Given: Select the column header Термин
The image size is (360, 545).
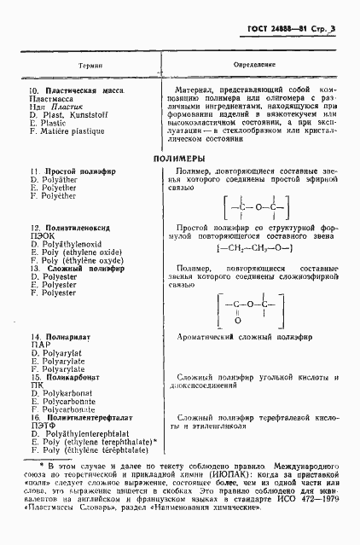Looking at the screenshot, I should click(x=91, y=64).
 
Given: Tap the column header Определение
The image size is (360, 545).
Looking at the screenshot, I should click(x=247, y=63).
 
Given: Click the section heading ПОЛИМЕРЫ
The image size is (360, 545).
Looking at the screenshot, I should click(x=179, y=159).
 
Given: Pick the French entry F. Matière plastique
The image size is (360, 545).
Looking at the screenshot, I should click(x=67, y=131).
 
